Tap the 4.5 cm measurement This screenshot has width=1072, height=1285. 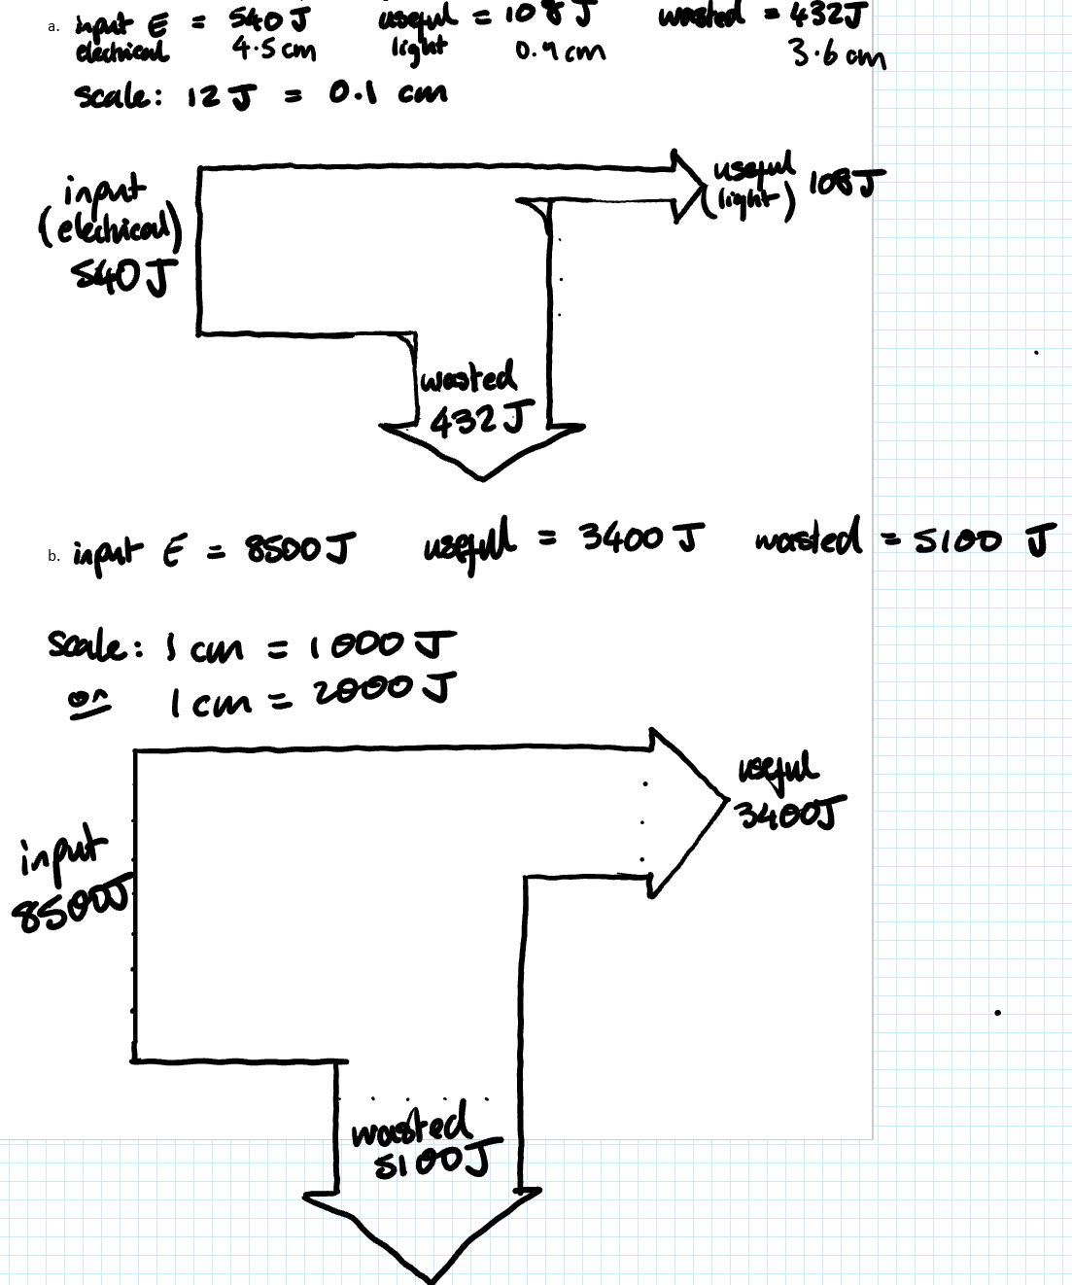(274, 49)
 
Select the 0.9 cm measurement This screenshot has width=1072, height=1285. (560, 50)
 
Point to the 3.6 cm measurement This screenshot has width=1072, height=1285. (838, 53)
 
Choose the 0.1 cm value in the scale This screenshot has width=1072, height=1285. (388, 94)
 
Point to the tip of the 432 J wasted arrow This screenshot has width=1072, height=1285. (483, 476)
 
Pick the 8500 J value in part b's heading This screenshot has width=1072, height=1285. (297, 549)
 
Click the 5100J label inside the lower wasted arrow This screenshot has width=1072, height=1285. (431, 1159)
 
